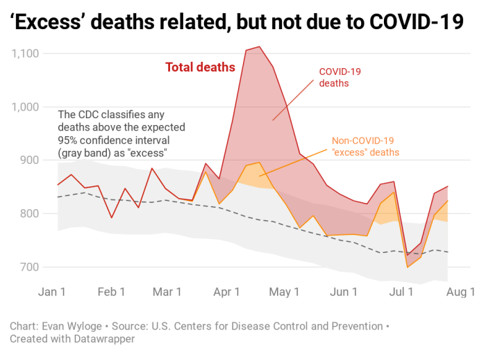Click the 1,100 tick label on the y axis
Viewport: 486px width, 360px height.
[x=24, y=54]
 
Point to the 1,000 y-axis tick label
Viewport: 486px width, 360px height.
[x=24, y=107]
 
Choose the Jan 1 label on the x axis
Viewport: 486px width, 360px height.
[x=58, y=292]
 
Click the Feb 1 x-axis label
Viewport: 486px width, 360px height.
[x=112, y=292]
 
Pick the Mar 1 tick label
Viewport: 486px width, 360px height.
[x=167, y=292]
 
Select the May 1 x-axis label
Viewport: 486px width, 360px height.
[x=285, y=292]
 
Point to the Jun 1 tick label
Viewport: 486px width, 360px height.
[x=344, y=292]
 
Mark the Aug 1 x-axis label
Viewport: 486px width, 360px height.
[x=460, y=292]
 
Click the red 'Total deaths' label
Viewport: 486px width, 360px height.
[x=200, y=67]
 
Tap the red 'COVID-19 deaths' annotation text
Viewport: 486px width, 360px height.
[x=340, y=77]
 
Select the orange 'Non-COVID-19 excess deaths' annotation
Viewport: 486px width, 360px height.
[x=365, y=145]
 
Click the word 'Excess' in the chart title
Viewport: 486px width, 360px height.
[x=49, y=23]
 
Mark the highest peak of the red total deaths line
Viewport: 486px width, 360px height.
[x=258, y=47]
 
